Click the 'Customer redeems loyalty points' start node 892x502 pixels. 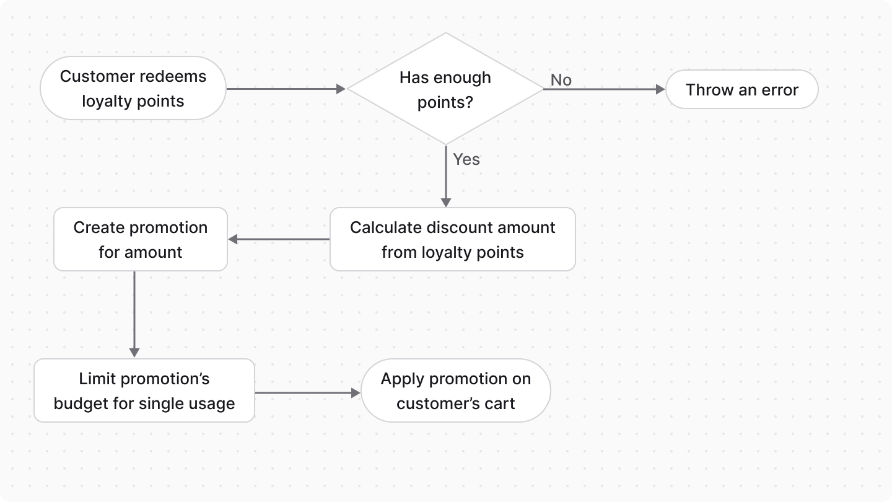(133, 89)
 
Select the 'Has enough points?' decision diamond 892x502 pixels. (445, 89)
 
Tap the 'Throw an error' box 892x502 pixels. (741, 90)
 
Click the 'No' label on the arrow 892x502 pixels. (561, 80)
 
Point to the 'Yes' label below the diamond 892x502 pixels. (466, 159)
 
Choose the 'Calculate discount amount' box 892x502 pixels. (452, 239)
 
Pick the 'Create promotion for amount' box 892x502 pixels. (141, 239)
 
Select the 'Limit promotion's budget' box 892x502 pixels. (144, 390)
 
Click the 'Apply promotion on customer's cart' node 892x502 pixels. (455, 390)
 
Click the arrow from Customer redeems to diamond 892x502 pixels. (285, 89)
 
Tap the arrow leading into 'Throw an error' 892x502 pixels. (604, 89)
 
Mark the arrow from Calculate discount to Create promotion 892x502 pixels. (279, 239)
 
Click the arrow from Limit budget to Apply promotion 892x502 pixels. (307, 393)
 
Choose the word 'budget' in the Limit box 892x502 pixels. (79, 403)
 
